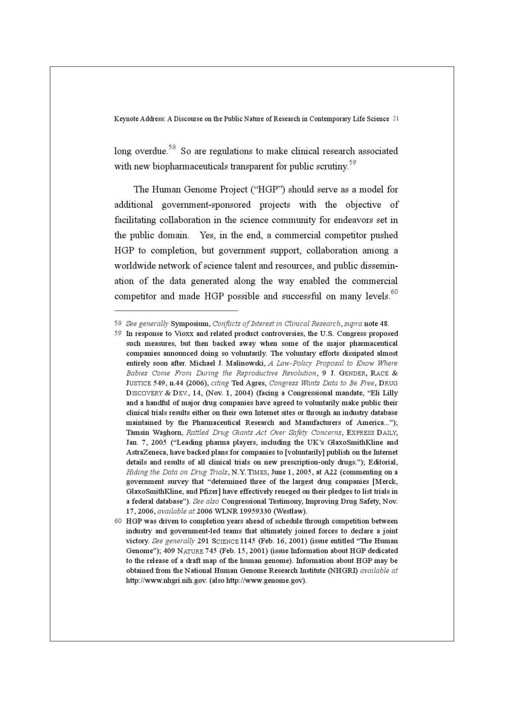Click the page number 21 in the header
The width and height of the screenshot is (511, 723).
point(395,119)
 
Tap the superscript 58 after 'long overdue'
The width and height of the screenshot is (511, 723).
point(172,148)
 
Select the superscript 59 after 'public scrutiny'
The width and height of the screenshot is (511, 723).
point(352,163)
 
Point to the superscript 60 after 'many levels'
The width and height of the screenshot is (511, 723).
point(394,292)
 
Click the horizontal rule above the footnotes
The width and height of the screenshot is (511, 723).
point(176,311)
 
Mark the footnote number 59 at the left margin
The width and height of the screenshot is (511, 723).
point(118,334)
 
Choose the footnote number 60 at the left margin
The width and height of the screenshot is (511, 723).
point(118,521)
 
